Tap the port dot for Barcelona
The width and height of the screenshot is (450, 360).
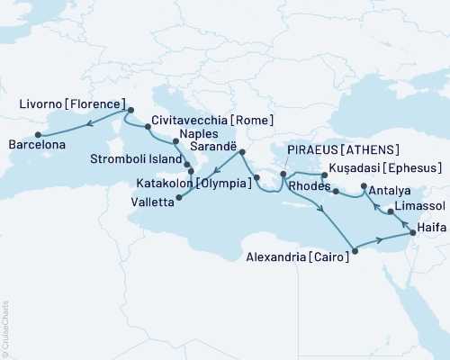pyautogui.click(x=37, y=134)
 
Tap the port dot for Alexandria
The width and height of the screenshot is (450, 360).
pyautogui.click(x=355, y=251)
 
